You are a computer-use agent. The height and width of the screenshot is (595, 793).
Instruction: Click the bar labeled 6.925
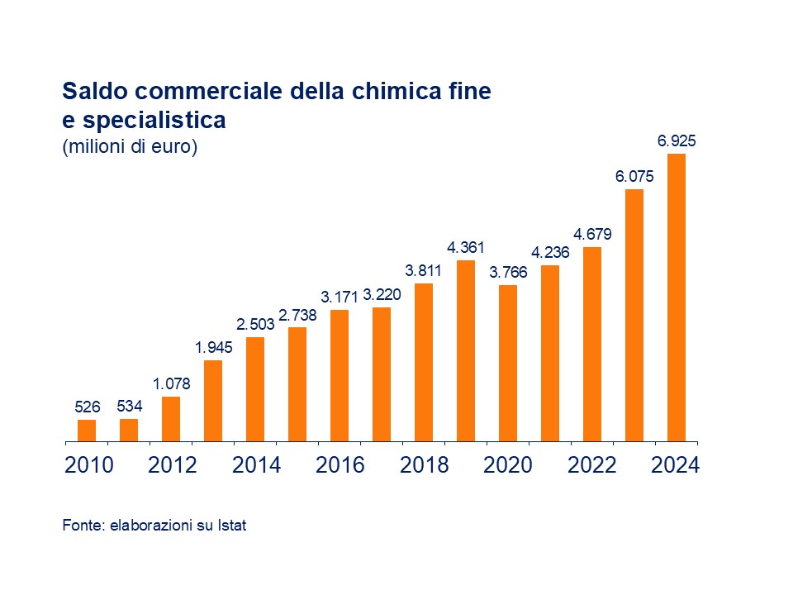click(677, 297)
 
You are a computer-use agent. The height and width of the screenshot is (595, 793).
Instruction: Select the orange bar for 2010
click(87, 431)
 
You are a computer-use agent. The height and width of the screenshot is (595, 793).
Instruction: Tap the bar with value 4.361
click(466, 350)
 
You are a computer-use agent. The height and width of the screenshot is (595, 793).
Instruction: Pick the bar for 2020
click(508, 363)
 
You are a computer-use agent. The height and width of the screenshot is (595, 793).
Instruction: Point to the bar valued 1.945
click(213, 401)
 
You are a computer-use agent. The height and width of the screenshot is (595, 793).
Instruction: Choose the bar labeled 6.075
click(634, 315)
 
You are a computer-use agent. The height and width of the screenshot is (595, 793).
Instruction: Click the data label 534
click(129, 407)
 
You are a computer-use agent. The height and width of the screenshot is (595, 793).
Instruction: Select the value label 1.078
click(171, 383)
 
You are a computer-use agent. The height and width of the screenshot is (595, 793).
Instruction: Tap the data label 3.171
click(340, 297)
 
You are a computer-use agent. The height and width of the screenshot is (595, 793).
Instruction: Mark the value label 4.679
click(592, 234)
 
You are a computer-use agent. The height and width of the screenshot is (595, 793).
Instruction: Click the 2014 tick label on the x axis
click(256, 465)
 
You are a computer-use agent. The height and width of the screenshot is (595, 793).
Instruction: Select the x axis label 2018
click(424, 465)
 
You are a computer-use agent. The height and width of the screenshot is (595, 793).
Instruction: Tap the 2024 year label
click(676, 465)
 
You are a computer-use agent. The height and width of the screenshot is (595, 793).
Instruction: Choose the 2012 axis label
click(172, 465)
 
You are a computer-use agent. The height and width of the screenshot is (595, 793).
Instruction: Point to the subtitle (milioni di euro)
click(130, 148)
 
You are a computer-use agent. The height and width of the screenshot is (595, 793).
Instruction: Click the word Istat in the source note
click(233, 525)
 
